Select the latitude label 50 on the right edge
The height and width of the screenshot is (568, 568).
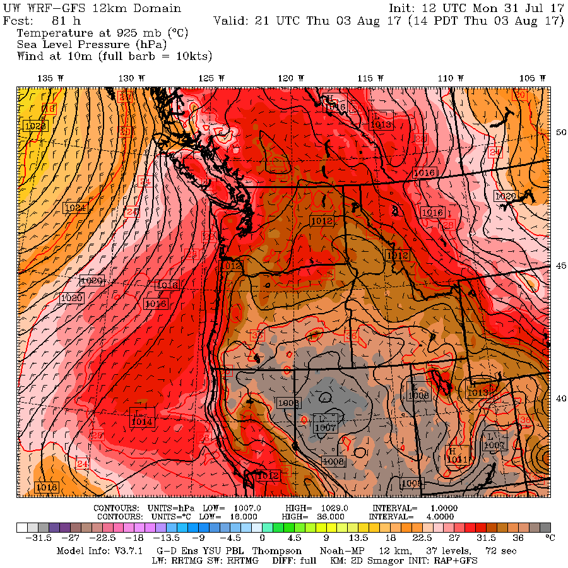(560, 132)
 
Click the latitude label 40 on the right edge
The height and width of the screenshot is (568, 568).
(560, 398)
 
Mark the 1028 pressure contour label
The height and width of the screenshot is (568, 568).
(35, 126)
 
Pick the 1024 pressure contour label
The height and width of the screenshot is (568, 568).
(75, 207)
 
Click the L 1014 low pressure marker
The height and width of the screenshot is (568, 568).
(141, 418)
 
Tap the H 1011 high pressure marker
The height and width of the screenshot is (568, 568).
(456, 456)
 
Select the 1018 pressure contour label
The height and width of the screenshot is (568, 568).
(47, 487)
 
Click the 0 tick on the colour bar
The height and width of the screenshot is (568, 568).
(261, 538)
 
